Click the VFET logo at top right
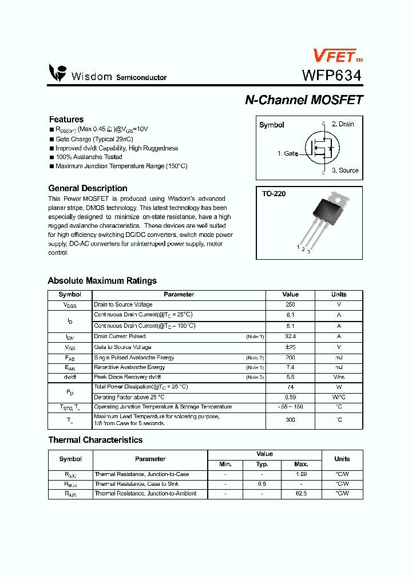[x=336, y=55]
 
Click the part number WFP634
[x=331, y=75]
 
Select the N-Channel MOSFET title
[x=304, y=100]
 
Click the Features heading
[x=66, y=120]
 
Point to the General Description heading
[x=88, y=188]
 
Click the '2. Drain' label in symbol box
[x=343, y=124]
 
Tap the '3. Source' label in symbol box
[x=345, y=170]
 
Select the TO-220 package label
[x=274, y=194]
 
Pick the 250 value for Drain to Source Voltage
[x=290, y=305]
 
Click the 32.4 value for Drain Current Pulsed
[x=290, y=337]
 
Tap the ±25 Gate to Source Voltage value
[x=290, y=347]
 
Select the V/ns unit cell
[x=339, y=378]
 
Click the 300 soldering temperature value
[x=290, y=420]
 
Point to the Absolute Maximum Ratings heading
[x=102, y=281]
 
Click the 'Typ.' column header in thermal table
[x=262, y=465]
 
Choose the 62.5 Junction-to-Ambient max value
[x=301, y=494]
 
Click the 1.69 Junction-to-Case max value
[x=301, y=474]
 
